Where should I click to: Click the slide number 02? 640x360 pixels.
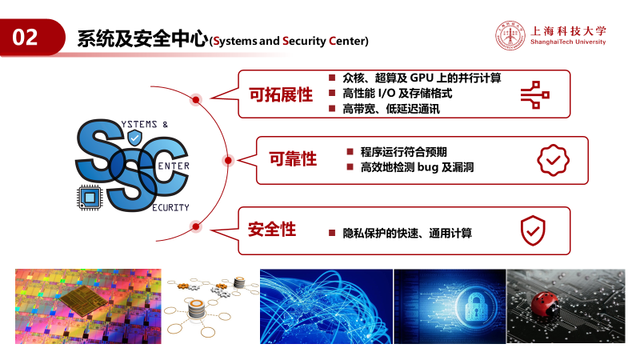pyautogui.click(x=25, y=37)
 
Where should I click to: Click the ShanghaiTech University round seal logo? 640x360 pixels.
pyautogui.click(x=510, y=35)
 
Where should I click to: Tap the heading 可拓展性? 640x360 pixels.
pyautogui.click(x=281, y=94)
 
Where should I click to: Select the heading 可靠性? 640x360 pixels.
pyautogui.click(x=293, y=158)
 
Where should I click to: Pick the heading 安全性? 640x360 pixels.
pyautogui.click(x=272, y=230)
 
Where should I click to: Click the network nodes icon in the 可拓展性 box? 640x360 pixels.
pyautogui.click(x=535, y=94)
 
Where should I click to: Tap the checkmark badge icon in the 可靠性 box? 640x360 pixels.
pyautogui.click(x=553, y=160)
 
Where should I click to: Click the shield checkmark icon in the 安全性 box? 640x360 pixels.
pyautogui.click(x=533, y=230)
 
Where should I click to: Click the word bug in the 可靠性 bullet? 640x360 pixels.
pyautogui.click(x=428, y=167)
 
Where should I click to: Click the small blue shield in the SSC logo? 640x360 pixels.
pyautogui.click(x=134, y=138)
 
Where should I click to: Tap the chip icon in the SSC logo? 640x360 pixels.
pyautogui.click(x=90, y=198)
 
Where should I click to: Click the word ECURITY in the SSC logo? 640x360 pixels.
pyautogui.click(x=170, y=208)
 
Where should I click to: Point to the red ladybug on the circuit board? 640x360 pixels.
pyautogui.click(x=545, y=304)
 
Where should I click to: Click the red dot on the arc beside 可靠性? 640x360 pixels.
pyautogui.click(x=228, y=161)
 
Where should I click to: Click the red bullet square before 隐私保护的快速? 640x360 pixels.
pyautogui.click(x=332, y=233)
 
